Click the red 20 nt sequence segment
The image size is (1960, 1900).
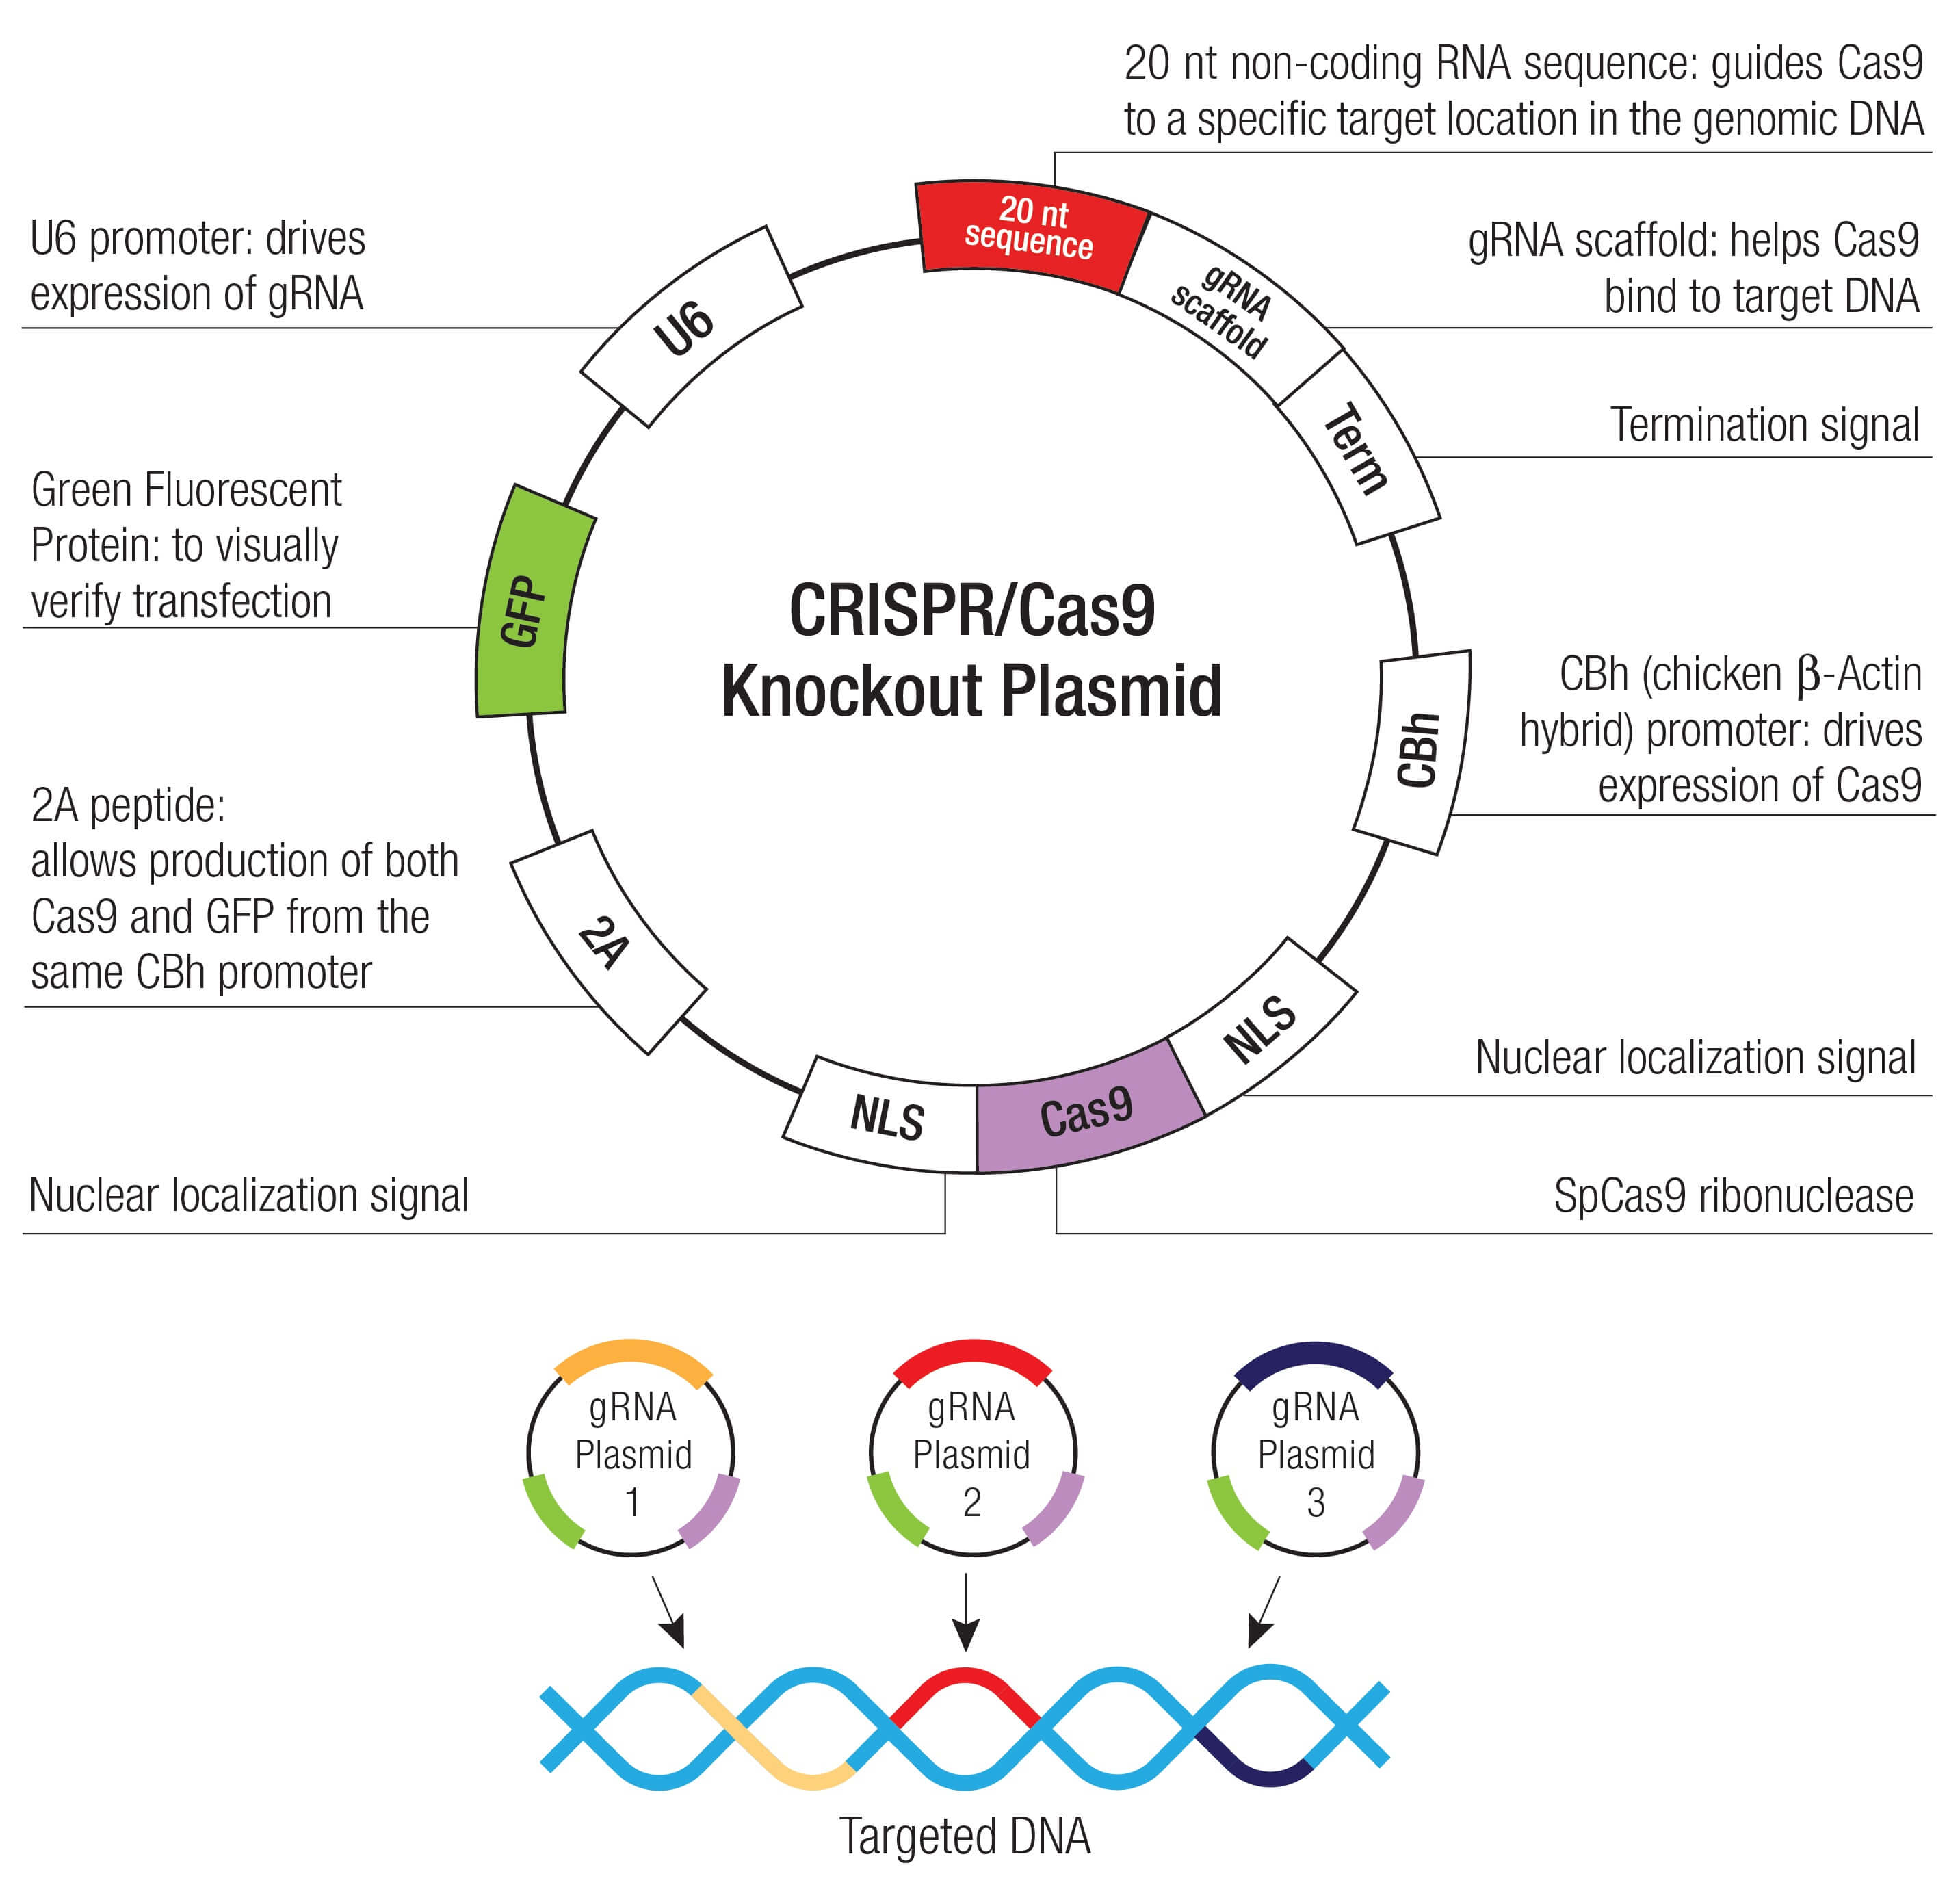[1031, 234]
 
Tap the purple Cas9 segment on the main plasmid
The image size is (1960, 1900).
[1087, 1108]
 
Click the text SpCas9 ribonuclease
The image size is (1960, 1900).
[1732, 1195]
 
